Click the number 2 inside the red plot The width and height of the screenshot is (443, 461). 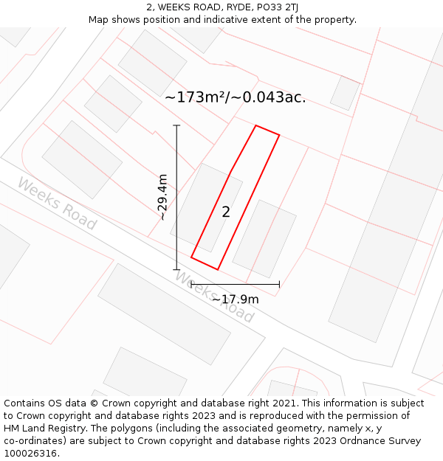(226, 212)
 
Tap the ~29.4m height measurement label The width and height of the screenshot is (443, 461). (162, 197)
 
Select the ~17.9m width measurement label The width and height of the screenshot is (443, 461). (235, 299)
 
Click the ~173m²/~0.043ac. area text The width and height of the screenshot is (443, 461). (235, 97)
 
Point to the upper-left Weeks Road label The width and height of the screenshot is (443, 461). (57, 204)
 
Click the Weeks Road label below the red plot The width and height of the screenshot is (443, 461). (215, 297)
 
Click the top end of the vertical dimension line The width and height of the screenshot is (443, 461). (176, 126)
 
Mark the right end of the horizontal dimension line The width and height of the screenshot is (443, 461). (279, 283)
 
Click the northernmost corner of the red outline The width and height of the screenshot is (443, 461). (256, 126)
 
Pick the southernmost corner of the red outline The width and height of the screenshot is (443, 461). (217, 269)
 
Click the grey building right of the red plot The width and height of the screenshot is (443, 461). (264, 238)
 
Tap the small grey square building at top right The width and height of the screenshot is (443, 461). (345, 93)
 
